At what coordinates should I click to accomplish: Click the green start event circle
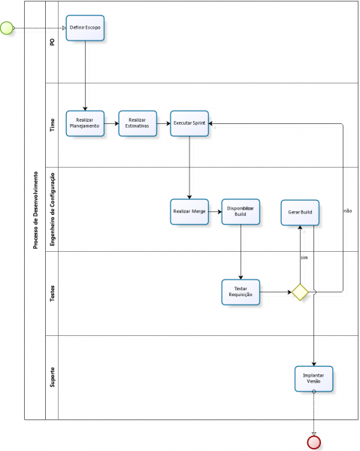[8, 28]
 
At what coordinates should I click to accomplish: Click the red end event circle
[314, 441]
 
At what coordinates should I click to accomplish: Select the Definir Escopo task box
[85, 28]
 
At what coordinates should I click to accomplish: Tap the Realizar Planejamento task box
[85, 123]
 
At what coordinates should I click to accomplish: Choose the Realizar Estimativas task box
[138, 123]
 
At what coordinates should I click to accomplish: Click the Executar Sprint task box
[189, 123]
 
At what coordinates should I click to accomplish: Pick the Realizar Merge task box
[189, 212]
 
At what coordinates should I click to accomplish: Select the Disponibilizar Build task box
[241, 212]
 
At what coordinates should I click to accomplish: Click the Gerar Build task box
[300, 212]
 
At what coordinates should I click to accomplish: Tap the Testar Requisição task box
[241, 292]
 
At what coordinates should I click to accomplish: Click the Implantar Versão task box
[313, 378]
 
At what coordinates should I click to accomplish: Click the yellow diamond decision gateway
[300, 292]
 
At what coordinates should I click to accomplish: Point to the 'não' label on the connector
[347, 211]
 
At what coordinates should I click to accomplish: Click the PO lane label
[52, 42]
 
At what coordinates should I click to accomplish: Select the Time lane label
[52, 125]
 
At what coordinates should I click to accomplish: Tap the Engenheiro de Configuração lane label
[52, 209]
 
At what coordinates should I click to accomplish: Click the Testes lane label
[52, 294]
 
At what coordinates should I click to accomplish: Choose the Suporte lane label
[52, 377]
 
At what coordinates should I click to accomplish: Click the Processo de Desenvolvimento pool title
[35, 210]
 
